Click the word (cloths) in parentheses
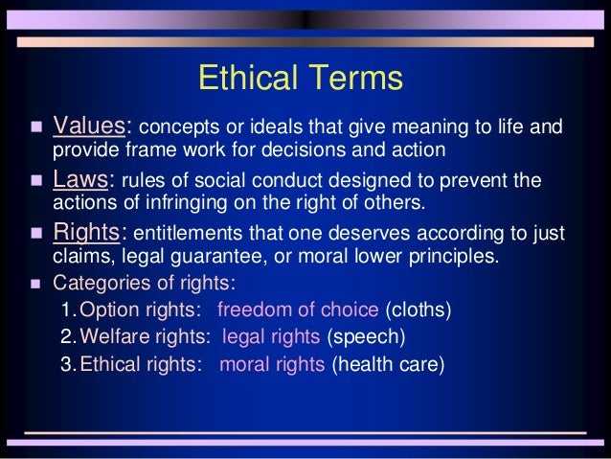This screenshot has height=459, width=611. click(418, 310)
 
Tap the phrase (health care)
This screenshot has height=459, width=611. click(388, 364)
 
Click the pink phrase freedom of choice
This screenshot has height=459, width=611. click(299, 310)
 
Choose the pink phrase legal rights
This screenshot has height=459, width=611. click(272, 337)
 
